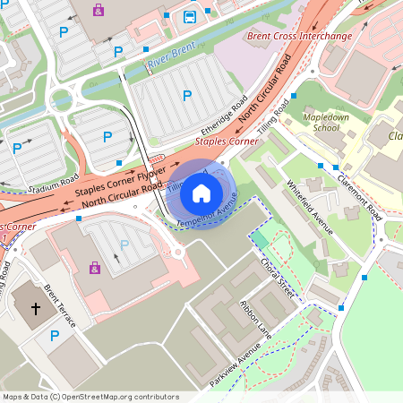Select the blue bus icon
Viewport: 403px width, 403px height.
click(190, 16)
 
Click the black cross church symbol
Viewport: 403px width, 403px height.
click(36, 309)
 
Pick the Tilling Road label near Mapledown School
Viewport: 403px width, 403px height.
click(273, 119)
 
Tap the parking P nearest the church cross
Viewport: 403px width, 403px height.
click(56, 336)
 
